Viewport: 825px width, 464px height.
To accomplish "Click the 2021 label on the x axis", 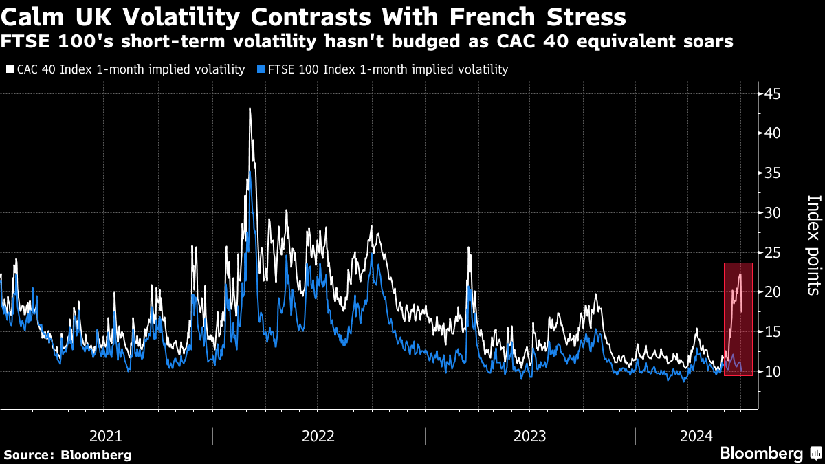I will (x=106, y=436).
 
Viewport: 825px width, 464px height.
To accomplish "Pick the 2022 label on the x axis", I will (x=318, y=436).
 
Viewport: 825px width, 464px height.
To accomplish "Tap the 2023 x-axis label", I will (x=529, y=436).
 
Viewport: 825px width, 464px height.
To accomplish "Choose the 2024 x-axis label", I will (x=696, y=436).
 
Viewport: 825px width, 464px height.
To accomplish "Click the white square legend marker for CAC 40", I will (x=10, y=69).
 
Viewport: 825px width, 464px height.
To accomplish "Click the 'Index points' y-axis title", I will (x=813, y=245).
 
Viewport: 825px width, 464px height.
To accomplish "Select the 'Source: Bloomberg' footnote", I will (x=67, y=454).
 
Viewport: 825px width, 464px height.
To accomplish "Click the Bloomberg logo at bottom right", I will (x=770, y=453).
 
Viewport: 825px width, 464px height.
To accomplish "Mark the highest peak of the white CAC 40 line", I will (x=250, y=109).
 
